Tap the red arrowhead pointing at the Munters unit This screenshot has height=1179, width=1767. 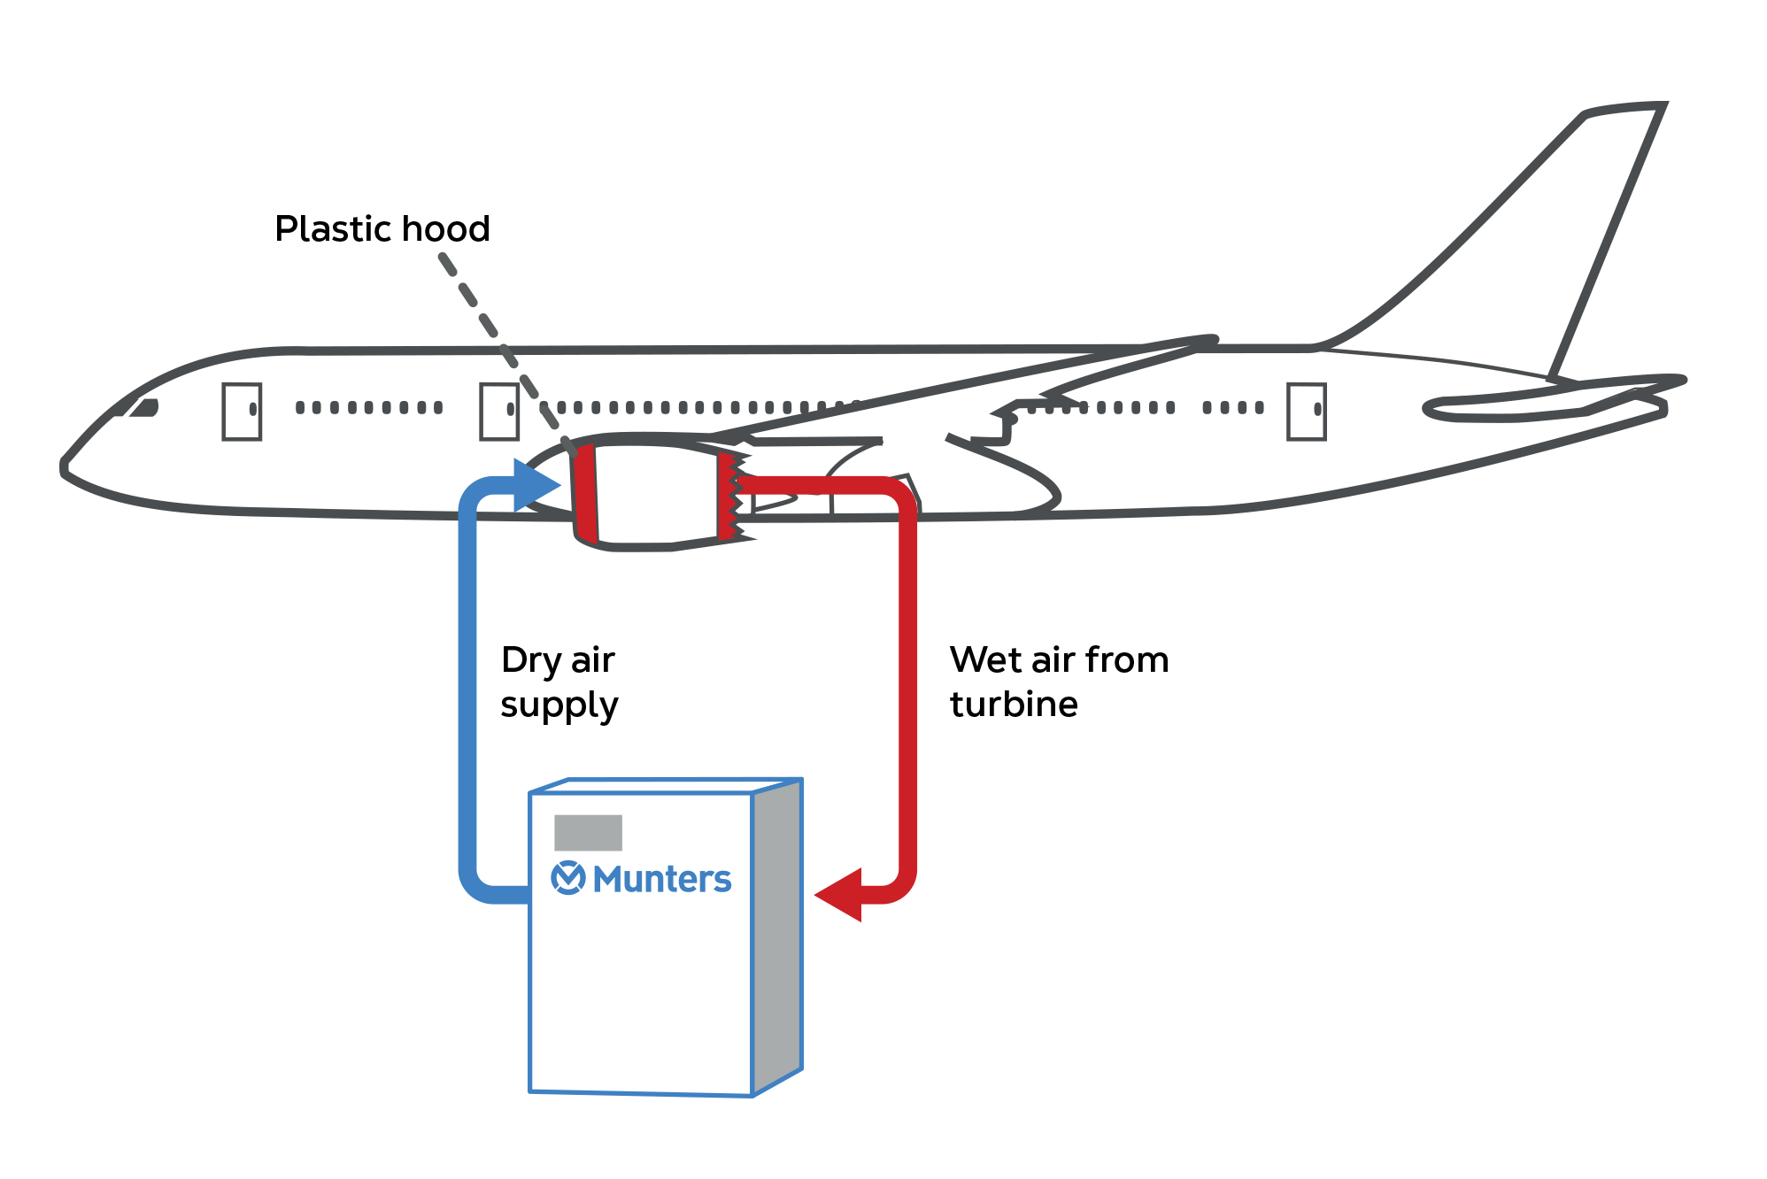point(839,894)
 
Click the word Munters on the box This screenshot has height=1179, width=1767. point(662,879)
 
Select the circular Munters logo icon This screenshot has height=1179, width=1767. point(567,878)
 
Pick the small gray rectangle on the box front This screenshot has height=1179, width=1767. point(588,833)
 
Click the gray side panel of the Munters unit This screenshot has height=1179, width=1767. point(777,938)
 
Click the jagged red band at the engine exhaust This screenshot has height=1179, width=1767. point(728,496)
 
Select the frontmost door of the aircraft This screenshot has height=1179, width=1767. point(242,411)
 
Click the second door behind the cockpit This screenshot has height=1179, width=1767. point(498,411)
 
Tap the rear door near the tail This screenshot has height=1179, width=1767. point(1306,411)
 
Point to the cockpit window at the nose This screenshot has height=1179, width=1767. point(142,408)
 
